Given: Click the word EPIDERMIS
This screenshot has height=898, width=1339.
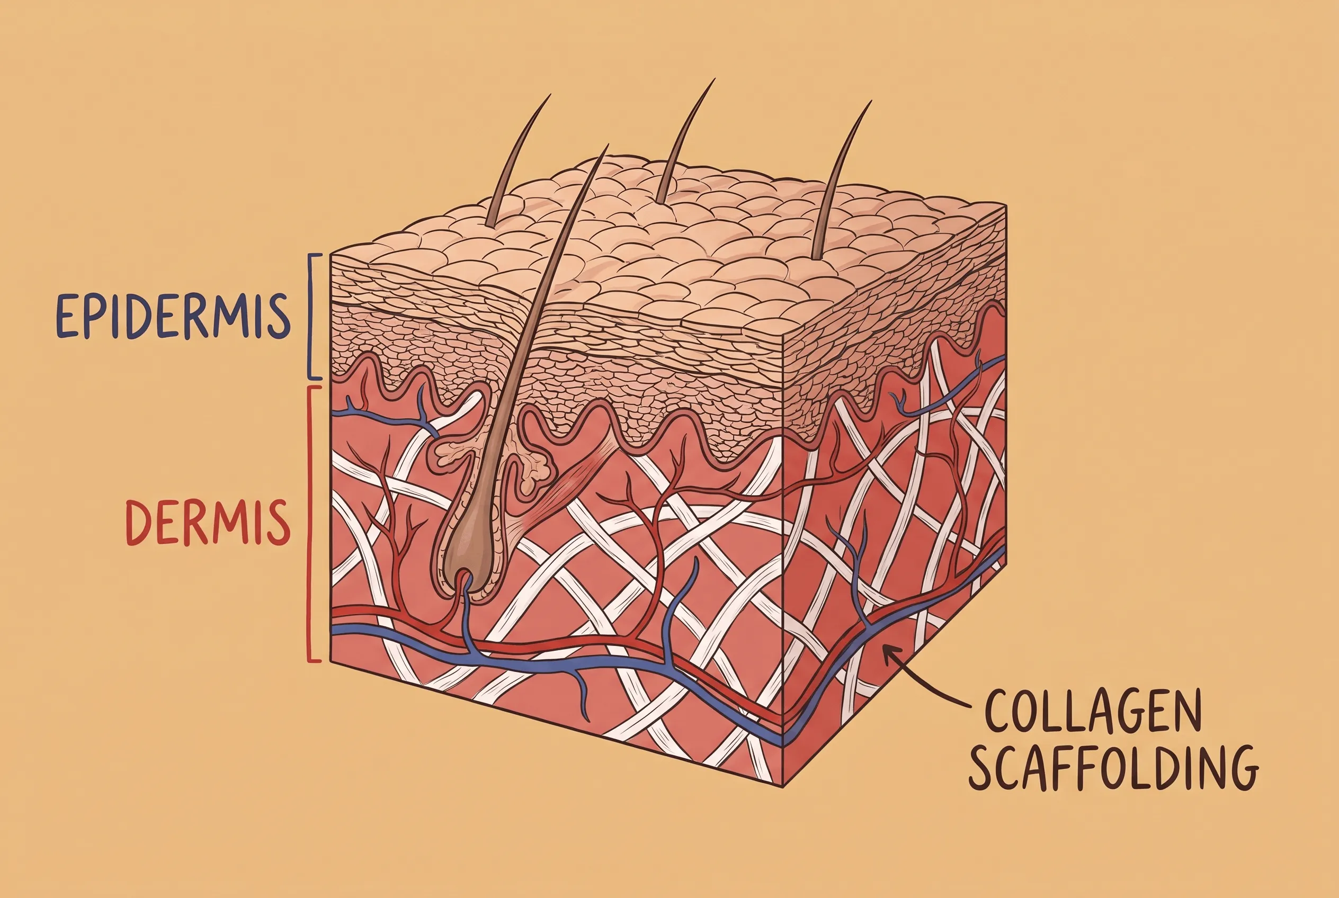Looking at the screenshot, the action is coord(173,317).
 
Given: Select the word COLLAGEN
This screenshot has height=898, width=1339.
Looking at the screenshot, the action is coord(1092,711).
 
